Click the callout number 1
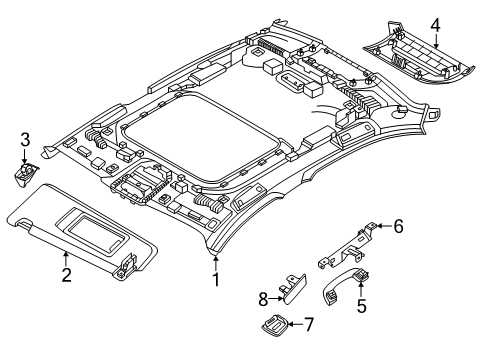click(x=216, y=279)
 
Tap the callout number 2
click(x=66, y=275)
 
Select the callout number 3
click(x=25, y=140)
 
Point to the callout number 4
click(x=435, y=26)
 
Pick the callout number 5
click(x=362, y=306)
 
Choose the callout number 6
click(x=398, y=226)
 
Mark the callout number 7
click(x=309, y=324)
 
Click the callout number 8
click(x=263, y=299)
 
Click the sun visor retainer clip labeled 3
click(x=26, y=173)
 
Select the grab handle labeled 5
click(x=343, y=287)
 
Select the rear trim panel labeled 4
click(x=419, y=57)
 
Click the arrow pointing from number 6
click(x=384, y=226)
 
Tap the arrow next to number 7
click(x=295, y=324)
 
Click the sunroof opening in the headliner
click(x=201, y=137)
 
